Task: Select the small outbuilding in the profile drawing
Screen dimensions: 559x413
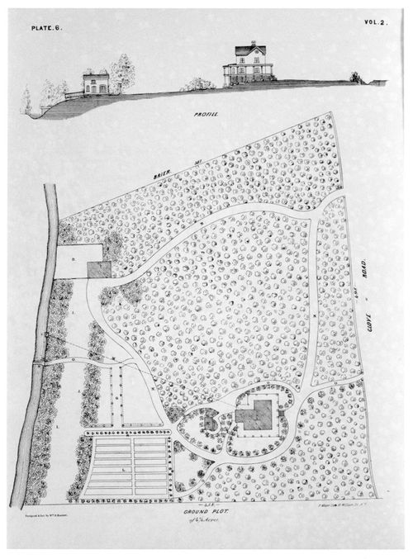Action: click(x=96, y=82)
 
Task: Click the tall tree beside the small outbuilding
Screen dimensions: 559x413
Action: click(x=123, y=73)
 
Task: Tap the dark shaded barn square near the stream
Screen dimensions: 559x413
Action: click(x=99, y=268)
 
